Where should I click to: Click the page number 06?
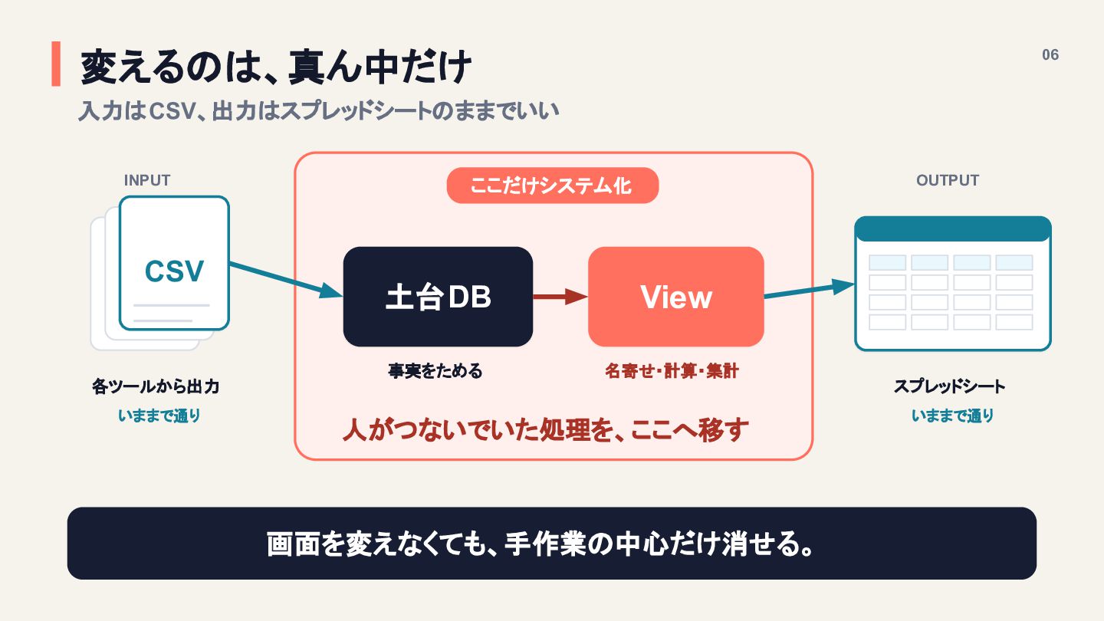1050,54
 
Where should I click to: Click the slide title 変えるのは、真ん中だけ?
276,67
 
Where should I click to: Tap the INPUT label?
147,180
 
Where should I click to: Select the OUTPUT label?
948,180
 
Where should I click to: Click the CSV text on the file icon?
174,271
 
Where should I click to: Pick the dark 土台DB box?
438,297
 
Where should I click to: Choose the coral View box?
675,297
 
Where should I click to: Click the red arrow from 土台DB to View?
560,297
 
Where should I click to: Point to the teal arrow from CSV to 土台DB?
286,280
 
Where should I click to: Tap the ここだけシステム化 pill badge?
553,186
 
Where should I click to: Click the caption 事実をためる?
435,370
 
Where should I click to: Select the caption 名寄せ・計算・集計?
672,370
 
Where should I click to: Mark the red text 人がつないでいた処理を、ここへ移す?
546,430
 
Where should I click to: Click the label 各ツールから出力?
156,386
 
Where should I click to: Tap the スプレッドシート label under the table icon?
950,386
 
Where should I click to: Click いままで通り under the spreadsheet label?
952,416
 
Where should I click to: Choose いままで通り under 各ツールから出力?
159,416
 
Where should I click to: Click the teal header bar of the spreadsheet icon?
953,228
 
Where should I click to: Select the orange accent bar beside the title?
56,64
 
